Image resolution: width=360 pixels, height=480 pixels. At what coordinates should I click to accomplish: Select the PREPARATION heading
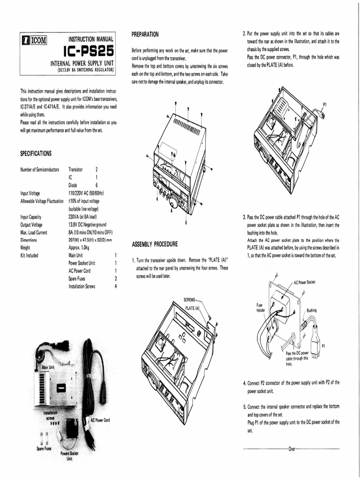point(145,34)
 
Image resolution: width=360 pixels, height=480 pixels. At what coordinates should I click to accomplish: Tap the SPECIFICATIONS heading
point(36,153)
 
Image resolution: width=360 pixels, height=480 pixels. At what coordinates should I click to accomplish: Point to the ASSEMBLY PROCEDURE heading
point(155,244)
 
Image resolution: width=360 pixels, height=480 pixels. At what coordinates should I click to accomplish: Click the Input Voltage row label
point(30,193)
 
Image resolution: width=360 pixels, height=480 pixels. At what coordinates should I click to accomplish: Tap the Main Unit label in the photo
point(49,367)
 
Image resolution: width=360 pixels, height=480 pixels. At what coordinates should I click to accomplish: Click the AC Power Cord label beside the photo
point(100,420)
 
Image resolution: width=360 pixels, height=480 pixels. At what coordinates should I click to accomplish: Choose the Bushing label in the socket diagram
point(312,310)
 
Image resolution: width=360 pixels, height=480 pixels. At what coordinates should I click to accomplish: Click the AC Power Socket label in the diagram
point(304,283)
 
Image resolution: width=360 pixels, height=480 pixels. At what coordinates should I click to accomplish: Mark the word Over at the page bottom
point(292,449)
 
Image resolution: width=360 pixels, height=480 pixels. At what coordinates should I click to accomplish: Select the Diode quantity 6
point(96,185)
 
